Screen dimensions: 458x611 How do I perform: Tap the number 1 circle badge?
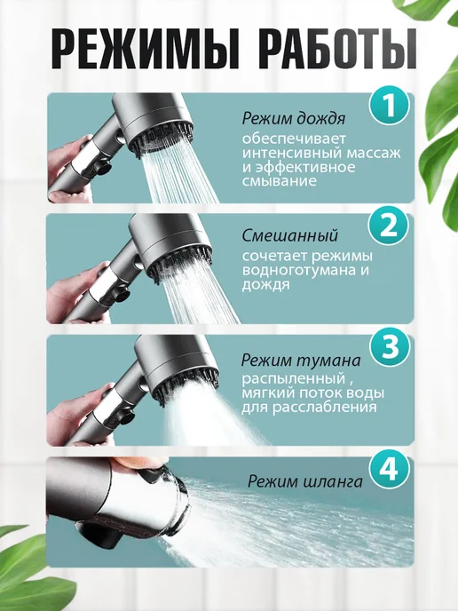(x=390, y=106)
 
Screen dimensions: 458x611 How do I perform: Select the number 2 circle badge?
(x=389, y=226)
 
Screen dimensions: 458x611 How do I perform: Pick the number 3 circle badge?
(x=390, y=347)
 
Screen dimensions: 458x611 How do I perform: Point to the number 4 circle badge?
(x=390, y=468)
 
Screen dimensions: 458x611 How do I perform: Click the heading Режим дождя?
(x=294, y=119)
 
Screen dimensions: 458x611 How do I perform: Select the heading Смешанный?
(x=290, y=235)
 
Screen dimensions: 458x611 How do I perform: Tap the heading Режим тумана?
(x=301, y=361)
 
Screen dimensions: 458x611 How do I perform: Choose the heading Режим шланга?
(x=305, y=482)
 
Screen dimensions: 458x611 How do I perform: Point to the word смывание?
(x=280, y=181)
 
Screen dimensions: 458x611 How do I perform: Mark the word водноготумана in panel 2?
(x=300, y=270)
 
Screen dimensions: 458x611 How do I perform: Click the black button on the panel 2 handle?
(x=121, y=295)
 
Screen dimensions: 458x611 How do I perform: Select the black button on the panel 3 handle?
(x=126, y=417)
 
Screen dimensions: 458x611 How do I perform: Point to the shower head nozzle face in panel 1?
(x=164, y=137)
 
